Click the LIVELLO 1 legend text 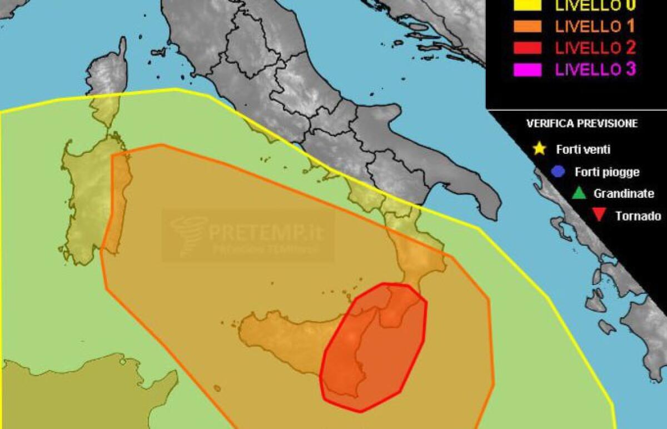[x=595, y=26]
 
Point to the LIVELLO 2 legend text [x=595, y=48]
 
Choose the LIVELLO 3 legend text [x=595, y=69]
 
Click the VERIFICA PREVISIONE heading [x=582, y=123]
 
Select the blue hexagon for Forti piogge [x=559, y=172]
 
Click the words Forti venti [x=583, y=149]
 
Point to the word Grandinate [x=624, y=194]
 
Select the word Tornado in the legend [x=638, y=216]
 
